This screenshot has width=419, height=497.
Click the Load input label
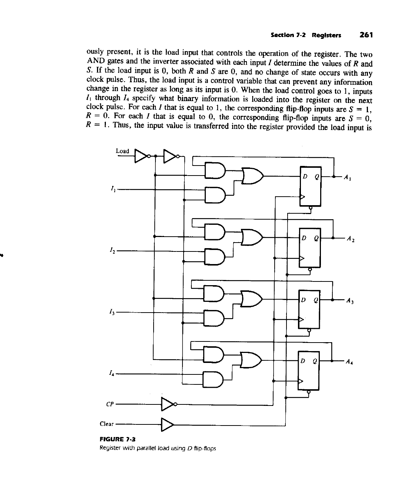click(x=122, y=151)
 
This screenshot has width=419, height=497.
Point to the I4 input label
click(x=112, y=373)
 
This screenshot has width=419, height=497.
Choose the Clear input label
click(x=107, y=424)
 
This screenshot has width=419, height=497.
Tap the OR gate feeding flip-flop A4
click(x=251, y=360)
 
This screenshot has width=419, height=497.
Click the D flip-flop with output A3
click(x=309, y=308)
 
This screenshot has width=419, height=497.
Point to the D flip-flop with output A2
click(x=310, y=247)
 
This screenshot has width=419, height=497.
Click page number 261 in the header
click(x=366, y=35)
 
